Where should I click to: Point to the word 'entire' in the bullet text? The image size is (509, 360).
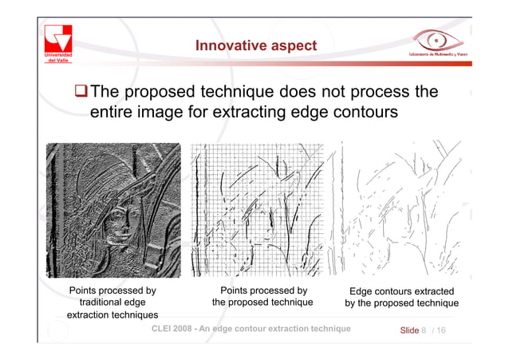click(x=113, y=114)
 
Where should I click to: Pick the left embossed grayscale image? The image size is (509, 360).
click(x=112, y=209)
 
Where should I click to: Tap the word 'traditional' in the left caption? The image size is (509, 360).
click(x=97, y=303)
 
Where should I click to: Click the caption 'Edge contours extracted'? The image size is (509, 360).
click(x=401, y=291)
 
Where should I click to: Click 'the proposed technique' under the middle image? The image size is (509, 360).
click(x=262, y=303)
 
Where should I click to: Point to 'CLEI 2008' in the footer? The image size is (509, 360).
click(x=173, y=330)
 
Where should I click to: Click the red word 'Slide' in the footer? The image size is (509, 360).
click(x=408, y=330)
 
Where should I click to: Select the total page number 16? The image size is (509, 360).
click(x=441, y=330)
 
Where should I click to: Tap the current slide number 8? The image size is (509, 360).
click(x=424, y=330)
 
